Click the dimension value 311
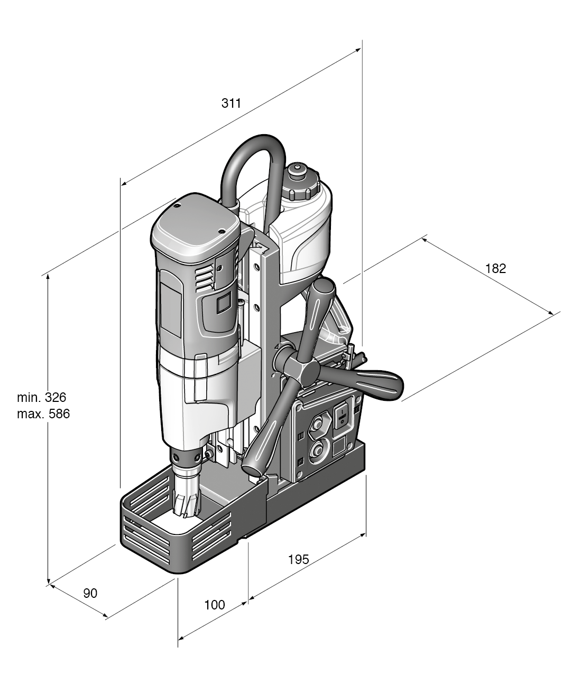231,104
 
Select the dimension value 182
495,268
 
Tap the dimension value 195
298,559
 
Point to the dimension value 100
214,605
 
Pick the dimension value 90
90,593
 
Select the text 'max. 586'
43,414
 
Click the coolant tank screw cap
299,183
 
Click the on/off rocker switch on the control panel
342,415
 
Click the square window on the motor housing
224,304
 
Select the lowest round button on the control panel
318,450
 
